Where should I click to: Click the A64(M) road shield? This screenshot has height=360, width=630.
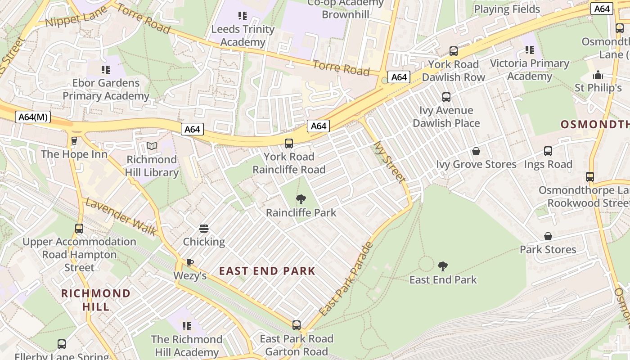33,117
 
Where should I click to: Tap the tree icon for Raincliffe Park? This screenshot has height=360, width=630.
301,199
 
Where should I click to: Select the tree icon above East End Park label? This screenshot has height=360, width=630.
443,266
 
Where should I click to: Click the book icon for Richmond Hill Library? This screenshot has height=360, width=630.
152,146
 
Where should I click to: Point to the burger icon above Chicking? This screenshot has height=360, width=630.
204,229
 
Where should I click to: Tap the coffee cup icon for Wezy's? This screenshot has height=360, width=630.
190,262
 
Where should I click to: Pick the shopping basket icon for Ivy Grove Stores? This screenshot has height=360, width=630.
476,151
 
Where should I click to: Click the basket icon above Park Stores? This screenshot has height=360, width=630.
548,236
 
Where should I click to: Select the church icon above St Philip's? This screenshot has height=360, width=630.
598,74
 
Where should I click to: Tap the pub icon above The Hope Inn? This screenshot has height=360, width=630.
74,141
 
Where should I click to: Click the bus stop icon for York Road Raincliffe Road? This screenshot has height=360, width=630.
289,144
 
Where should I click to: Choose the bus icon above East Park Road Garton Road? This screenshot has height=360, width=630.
296,325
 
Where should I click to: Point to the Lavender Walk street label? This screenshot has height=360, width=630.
121,217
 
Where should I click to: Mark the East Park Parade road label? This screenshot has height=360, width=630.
346,279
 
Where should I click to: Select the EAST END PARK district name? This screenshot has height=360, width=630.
267,271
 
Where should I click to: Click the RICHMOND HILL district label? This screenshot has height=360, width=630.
96,300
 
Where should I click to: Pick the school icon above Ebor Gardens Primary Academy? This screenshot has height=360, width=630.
106,70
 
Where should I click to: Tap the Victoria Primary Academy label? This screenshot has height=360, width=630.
530,70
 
